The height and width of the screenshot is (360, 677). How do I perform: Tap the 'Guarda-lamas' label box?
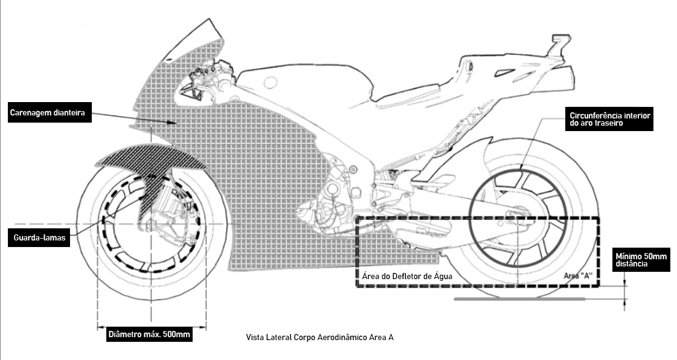tap(40, 238)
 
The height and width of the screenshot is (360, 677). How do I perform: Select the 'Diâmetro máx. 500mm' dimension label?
tap(149, 334)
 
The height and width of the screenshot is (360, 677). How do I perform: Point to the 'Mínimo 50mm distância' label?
tap(640, 260)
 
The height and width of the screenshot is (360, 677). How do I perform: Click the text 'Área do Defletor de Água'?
tap(406, 275)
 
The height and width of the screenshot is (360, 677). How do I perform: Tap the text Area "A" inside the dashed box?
tap(578, 275)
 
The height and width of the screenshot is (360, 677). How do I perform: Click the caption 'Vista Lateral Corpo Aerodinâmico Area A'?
tap(319, 337)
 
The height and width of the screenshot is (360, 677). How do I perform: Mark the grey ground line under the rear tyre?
tap(519, 298)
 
